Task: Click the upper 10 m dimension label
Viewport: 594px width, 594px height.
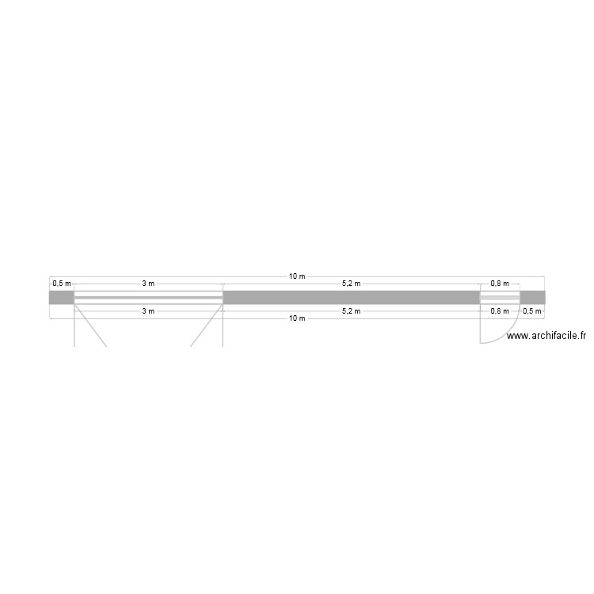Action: [x=297, y=276]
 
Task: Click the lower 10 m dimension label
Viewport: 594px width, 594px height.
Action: [x=297, y=318]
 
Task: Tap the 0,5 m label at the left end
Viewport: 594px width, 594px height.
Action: [x=62, y=284]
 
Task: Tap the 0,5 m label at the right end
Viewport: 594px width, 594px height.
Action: [x=531, y=311]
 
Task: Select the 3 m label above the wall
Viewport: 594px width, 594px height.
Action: [x=148, y=284]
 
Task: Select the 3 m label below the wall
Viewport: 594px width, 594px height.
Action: [x=148, y=311]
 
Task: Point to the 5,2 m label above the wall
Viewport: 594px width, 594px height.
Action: [x=351, y=284]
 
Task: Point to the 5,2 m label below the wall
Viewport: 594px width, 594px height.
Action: [x=351, y=311]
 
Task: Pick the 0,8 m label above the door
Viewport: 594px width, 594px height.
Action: [x=500, y=284]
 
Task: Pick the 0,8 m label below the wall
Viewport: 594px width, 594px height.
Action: [x=500, y=311]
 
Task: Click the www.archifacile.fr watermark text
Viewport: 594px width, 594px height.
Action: [x=546, y=336]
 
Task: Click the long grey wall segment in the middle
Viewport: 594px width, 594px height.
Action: [x=351, y=298]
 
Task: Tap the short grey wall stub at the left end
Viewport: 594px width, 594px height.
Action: [x=62, y=298]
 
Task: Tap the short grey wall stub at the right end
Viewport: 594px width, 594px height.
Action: [x=532, y=298]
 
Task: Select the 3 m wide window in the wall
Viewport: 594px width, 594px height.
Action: [x=148, y=298]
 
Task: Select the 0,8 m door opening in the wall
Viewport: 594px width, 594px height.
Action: [x=500, y=298]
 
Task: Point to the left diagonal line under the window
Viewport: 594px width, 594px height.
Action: [x=91, y=328]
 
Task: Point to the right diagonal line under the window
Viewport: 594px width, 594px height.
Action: [x=205, y=328]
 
